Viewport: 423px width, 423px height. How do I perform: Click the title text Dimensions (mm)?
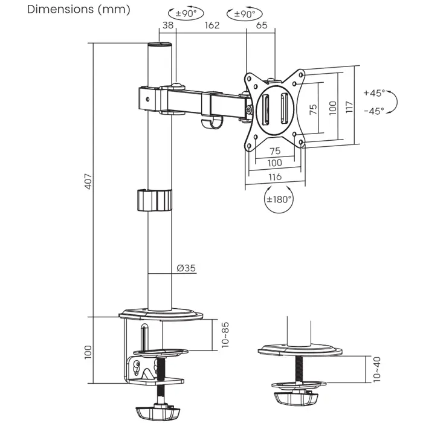click(x=70, y=10)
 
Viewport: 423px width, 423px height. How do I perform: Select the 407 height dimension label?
click(x=88, y=181)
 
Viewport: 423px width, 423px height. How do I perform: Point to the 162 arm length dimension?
click(x=211, y=25)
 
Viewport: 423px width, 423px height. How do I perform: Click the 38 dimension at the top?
click(x=167, y=25)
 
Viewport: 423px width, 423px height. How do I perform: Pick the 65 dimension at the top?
click(x=262, y=25)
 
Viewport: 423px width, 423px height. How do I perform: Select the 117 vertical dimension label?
click(x=349, y=108)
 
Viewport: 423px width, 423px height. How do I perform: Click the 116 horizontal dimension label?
click(x=274, y=178)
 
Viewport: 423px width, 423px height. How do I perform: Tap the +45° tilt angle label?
click(x=374, y=93)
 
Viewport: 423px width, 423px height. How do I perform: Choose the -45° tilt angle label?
click(x=374, y=111)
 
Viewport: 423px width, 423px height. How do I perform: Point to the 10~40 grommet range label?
click(x=376, y=369)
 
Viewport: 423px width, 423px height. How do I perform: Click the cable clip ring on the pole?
click(x=153, y=201)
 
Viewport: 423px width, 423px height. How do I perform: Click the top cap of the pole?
click(x=160, y=45)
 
